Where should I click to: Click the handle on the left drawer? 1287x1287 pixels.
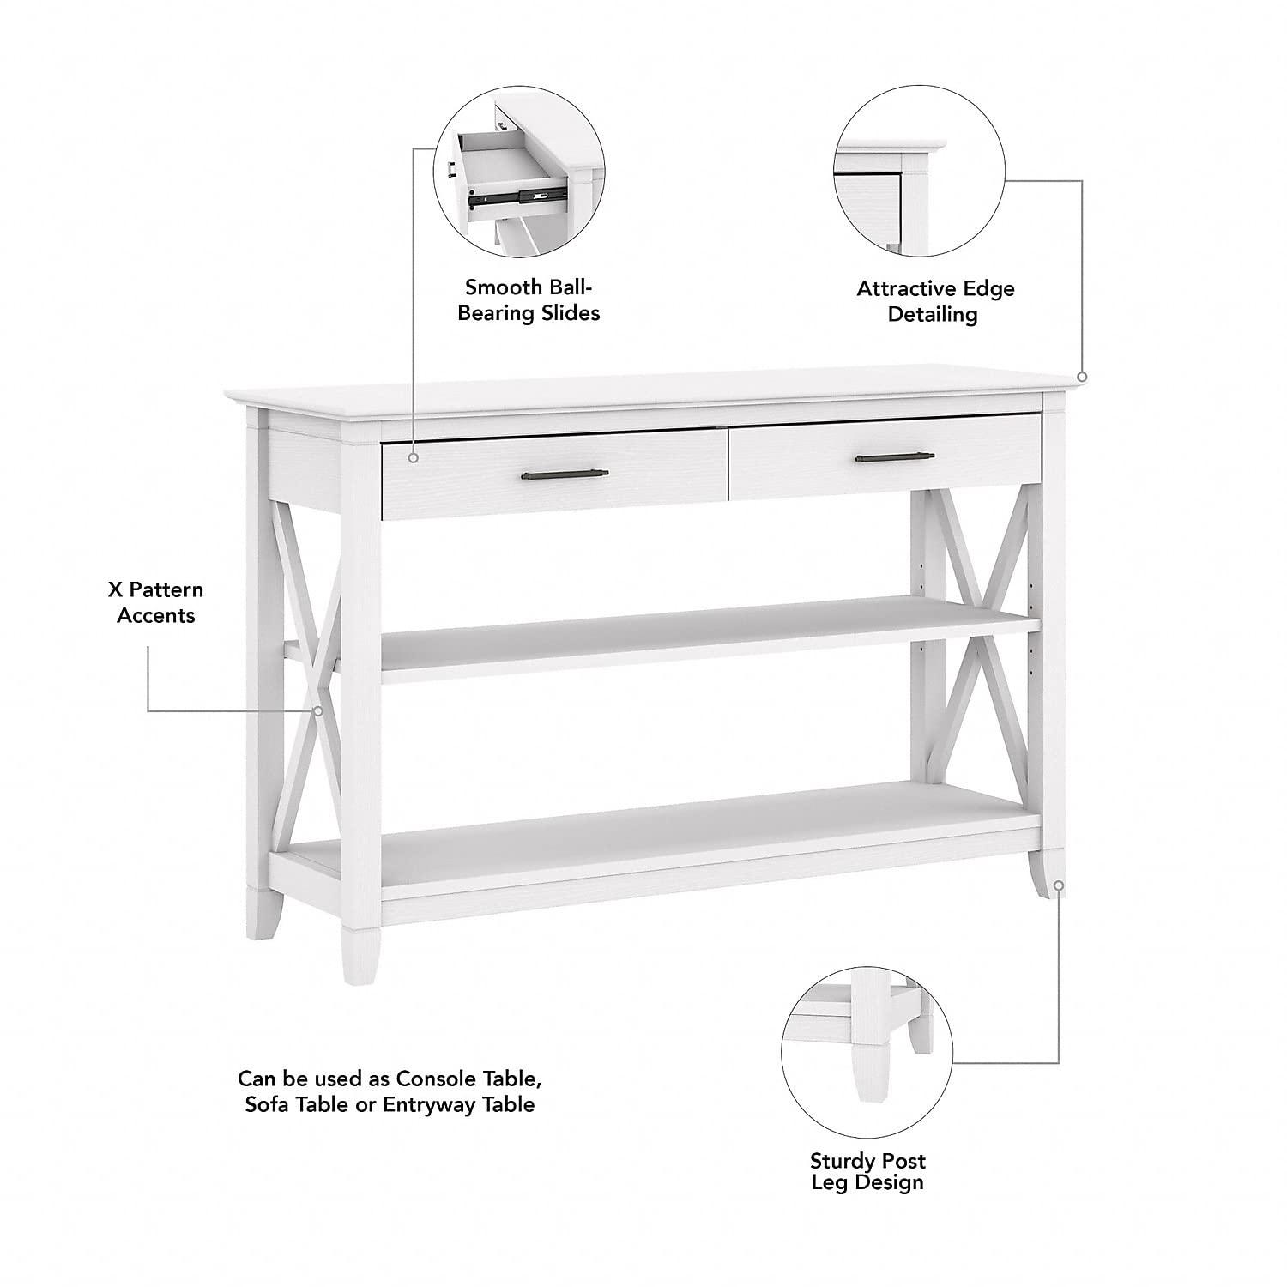[x=565, y=474]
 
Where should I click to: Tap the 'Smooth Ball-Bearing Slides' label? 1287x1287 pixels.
[x=529, y=299]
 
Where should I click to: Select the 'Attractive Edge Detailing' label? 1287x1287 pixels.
[x=934, y=301]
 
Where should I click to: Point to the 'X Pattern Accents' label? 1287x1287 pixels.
[x=156, y=602]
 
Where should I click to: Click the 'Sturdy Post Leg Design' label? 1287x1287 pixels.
[x=867, y=1171]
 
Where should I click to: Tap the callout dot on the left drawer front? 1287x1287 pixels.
[x=414, y=458]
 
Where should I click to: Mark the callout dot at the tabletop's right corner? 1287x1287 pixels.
[x=1082, y=377]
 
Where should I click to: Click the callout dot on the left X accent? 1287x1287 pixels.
[x=317, y=711]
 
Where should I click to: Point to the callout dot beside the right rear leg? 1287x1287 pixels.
[x=1059, y=885]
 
